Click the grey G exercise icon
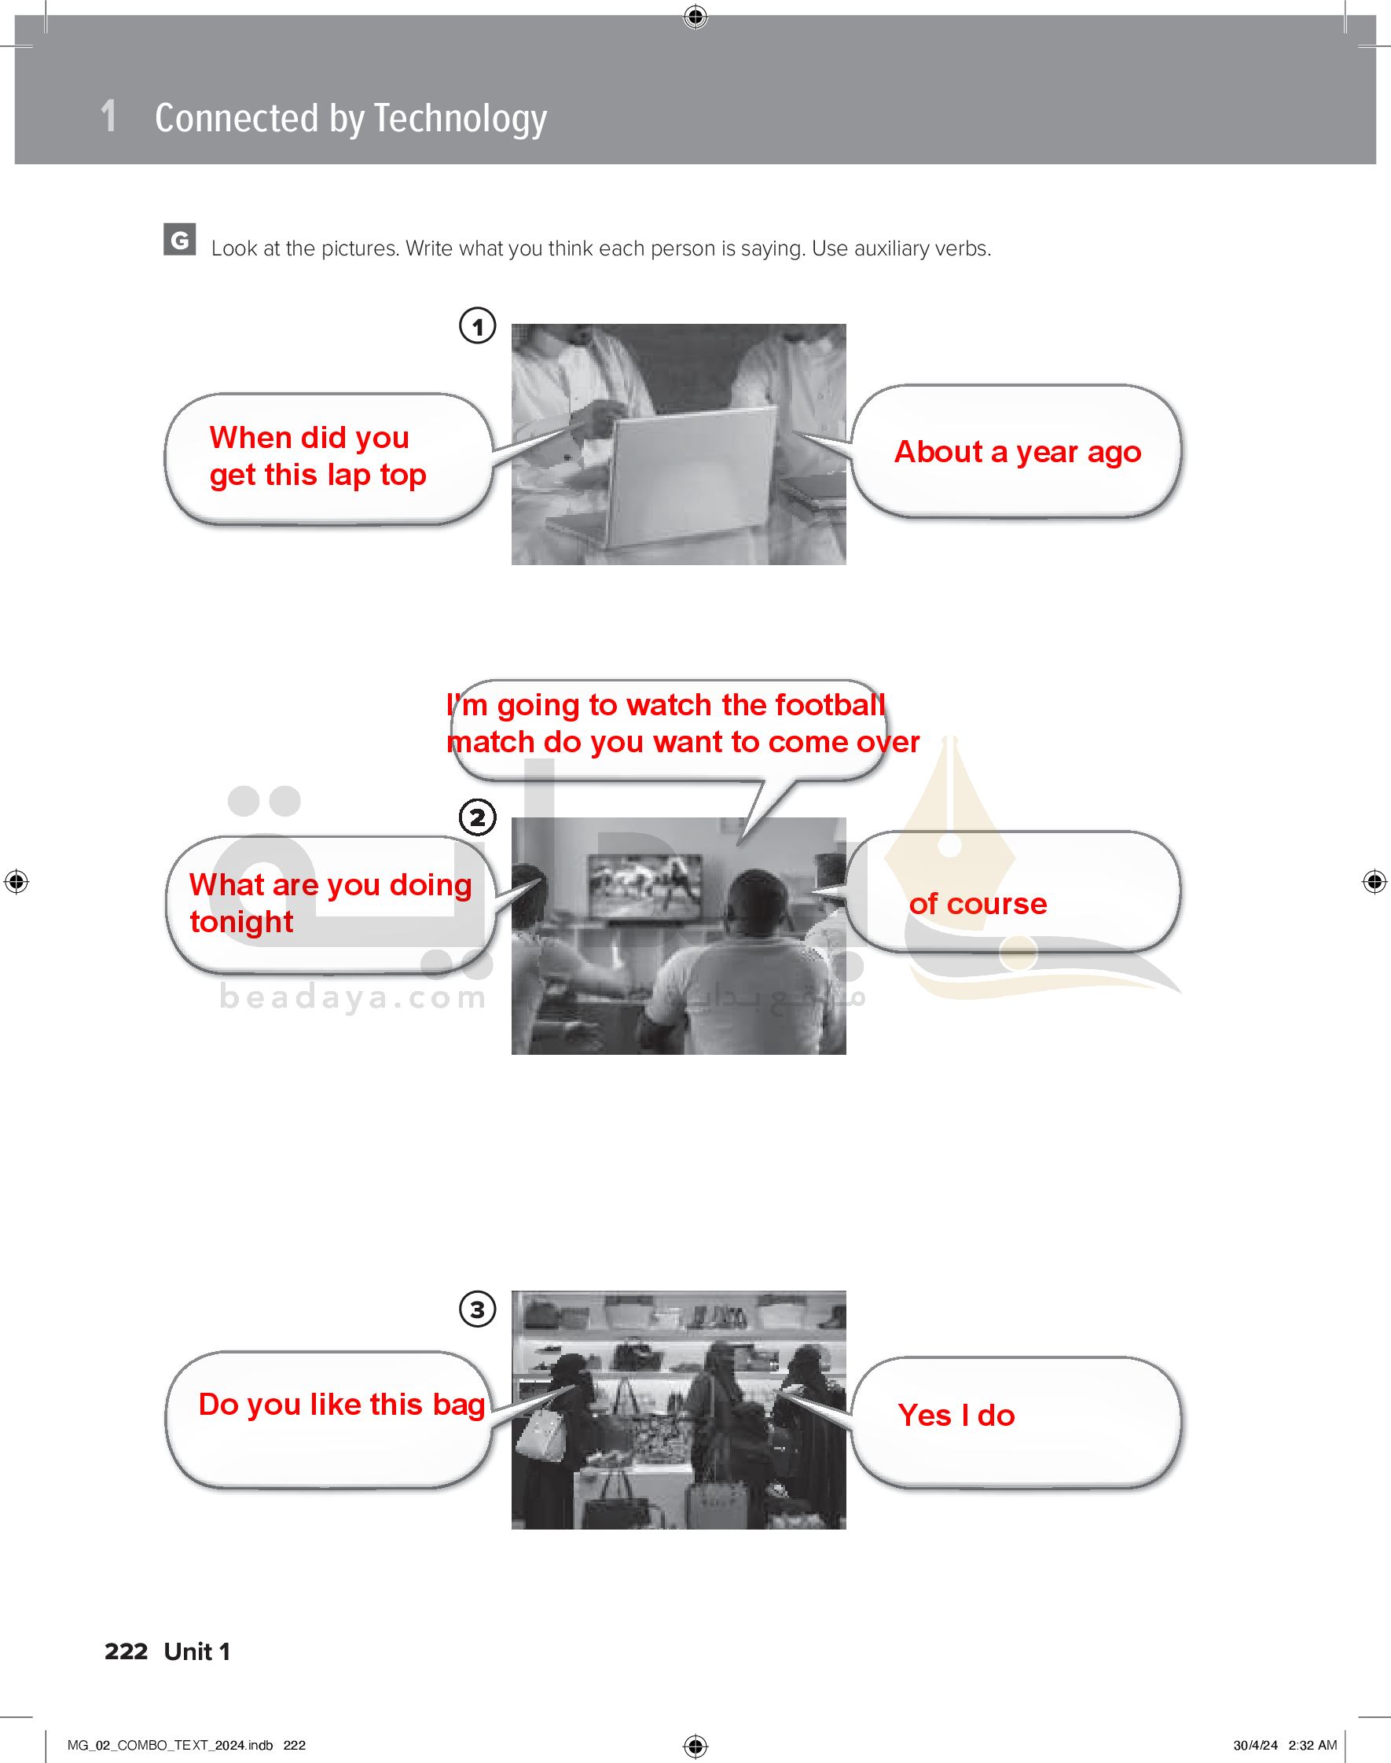(179, 240)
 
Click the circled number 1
(477, 325)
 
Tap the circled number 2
(477, 817)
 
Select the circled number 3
(477, 1309)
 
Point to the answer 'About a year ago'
(1017, 452)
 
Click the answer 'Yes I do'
(956, 1416)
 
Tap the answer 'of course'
(978, 904)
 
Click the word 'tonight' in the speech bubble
(241, 923)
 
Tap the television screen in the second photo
(647, 885)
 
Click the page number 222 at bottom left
(127, 1651)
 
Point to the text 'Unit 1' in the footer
(197, 1651)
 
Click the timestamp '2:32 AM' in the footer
(1312, 1745)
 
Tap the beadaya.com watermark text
(353, 997)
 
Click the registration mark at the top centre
(695, 17)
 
